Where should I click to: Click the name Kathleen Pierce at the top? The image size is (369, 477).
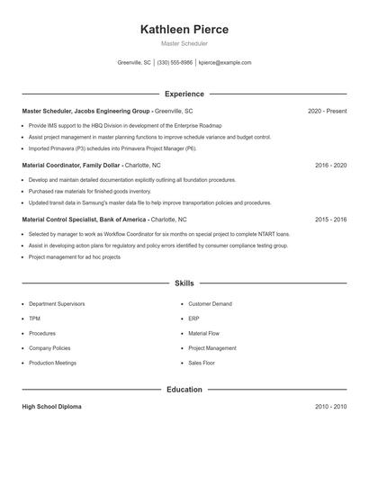click(184, 30)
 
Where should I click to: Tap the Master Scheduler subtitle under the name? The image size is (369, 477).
click(184, 43)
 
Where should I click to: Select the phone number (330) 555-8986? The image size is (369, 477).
click(175, 63)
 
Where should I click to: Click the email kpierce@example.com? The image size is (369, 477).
click(225, 63)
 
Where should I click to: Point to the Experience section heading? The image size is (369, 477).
click(184, 94)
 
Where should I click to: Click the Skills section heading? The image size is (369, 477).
click(184, 283)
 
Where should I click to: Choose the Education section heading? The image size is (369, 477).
click(184, 390)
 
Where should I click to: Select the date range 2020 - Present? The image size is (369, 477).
click(327, 111)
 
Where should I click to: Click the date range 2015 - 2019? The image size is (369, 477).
click(330, 219)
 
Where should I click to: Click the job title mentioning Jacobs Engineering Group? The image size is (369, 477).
click(86, 111)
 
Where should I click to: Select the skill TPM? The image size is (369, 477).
click(34, 319)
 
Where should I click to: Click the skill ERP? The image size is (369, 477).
click(193, 319)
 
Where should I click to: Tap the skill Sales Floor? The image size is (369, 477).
click(202, 363)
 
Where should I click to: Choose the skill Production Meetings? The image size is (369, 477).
click(52, 363)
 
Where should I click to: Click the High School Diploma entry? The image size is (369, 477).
click(51, 407)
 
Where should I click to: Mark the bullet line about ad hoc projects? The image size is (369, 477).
click(74, 256)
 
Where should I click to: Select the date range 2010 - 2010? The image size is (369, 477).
click(330, 407)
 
